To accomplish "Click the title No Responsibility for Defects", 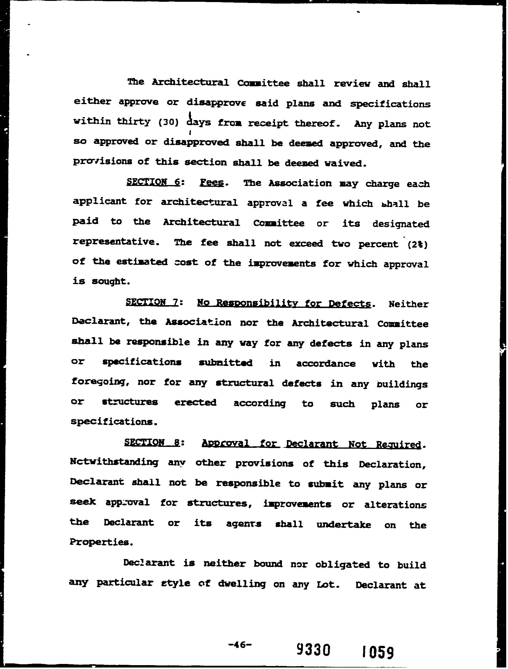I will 284,303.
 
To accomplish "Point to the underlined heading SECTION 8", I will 152,443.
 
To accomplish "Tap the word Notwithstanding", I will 114,462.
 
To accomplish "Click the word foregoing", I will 101,382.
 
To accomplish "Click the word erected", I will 196,402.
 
